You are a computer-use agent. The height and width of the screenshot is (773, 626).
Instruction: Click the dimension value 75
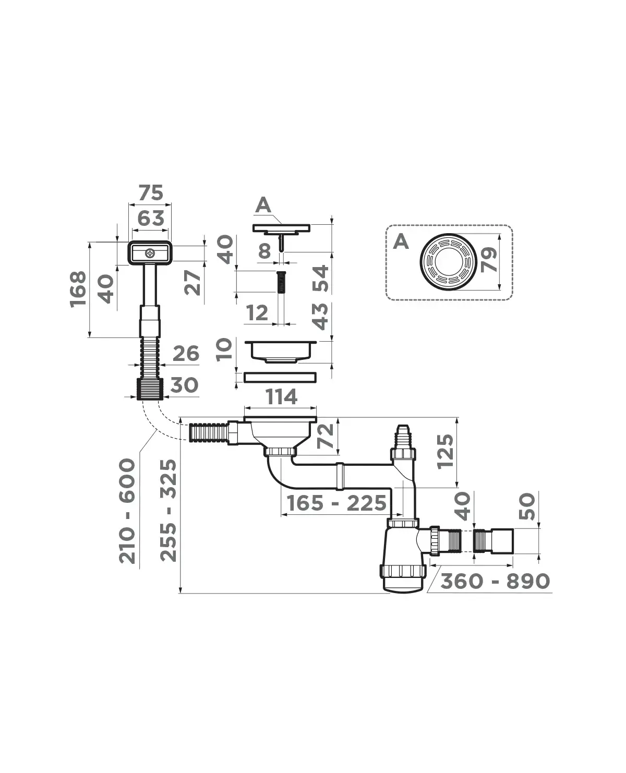151,192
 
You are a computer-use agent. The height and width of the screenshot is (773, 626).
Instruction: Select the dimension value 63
151,218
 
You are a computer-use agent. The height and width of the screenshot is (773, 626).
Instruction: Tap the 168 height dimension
78,289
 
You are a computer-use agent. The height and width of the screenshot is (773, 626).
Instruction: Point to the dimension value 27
192,282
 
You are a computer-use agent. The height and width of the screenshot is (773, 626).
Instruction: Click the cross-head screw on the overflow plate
150,253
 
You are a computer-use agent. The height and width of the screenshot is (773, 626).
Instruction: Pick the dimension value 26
186,354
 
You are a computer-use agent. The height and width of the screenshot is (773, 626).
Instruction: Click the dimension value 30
184,385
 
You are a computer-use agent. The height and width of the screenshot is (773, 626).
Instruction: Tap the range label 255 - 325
168,511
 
